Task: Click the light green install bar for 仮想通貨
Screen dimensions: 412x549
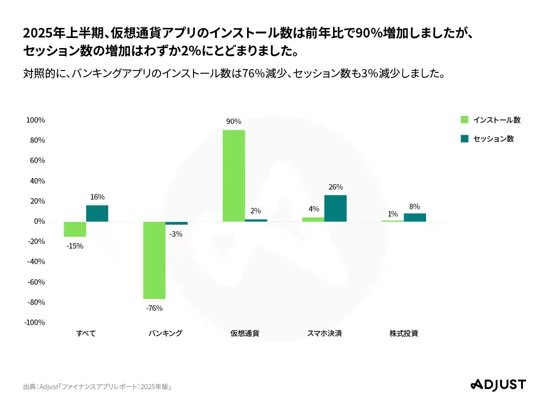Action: tap(233, 176)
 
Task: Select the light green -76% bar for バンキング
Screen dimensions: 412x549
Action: tap(154, 260)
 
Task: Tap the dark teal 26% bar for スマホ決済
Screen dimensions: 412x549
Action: tap(335, 208)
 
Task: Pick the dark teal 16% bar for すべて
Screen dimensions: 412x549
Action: tap(97, 213)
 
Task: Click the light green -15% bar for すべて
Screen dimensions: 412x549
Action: tap(75, 229)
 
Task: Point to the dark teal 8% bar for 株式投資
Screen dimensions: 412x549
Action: tap(414, 217)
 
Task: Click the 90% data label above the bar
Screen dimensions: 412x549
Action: tap(233, 122)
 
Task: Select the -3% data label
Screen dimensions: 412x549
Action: tap(176, 234)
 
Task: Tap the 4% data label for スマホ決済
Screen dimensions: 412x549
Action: tap(313, 209)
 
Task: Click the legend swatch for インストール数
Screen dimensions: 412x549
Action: tap(464, 120)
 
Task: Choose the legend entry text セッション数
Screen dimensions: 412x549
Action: tap(494, 139)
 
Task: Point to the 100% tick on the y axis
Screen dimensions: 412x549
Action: tap(36, 120)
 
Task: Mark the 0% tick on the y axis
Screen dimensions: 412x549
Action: tap(39, 222)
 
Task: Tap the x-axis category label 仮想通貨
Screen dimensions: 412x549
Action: tap(245, 333)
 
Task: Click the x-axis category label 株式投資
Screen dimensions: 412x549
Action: tap(404, 333)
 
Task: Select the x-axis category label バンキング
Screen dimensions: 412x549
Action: tap(165, 333)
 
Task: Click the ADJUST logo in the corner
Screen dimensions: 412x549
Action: tap(498, 385)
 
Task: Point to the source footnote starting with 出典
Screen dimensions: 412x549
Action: tap(97, 387)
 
